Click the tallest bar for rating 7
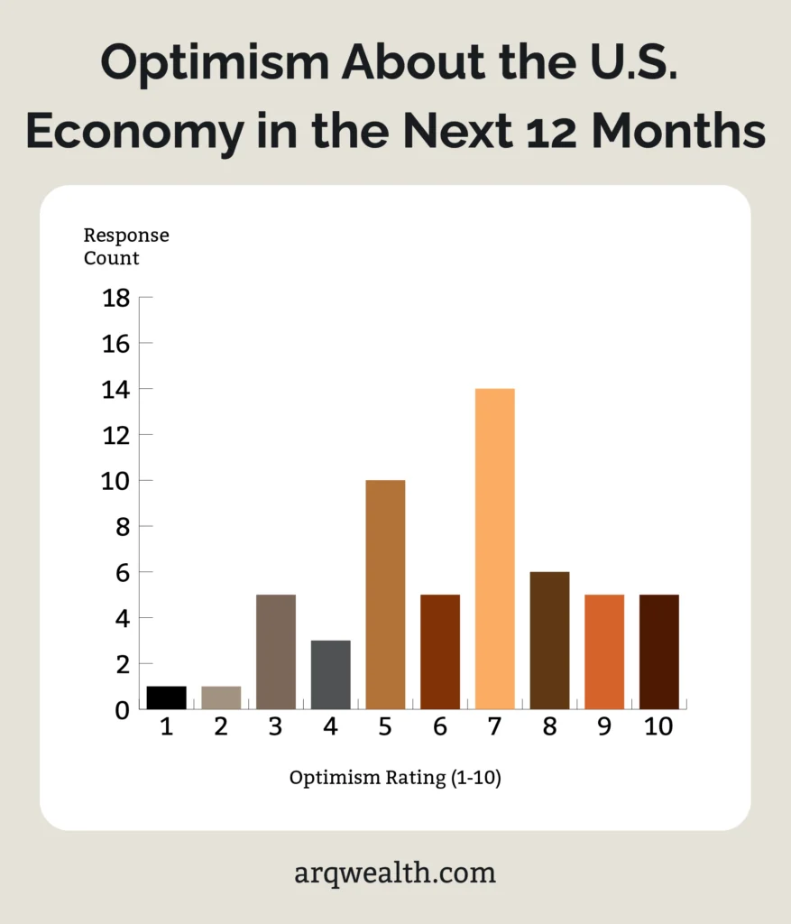(x=494, y=549)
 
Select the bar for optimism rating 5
(x=385, y=595)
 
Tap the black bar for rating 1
(x=166, y=698)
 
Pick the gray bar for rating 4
(x=330, y=675)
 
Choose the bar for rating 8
(x=549, y=641)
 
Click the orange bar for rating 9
(x=604, y=651)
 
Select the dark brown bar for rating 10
(x=659, y=651)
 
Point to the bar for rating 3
(x=275, y=651)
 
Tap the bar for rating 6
(x=440, y=651)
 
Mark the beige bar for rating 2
(x=221, y=698)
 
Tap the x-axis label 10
(x=659, y=727)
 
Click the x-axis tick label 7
(x=494, y=727)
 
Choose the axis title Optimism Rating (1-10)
(x=395, y=778)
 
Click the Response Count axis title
(x=125, y=246)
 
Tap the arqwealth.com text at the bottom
(x=395, y=873)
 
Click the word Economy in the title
(x=133, y=132)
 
